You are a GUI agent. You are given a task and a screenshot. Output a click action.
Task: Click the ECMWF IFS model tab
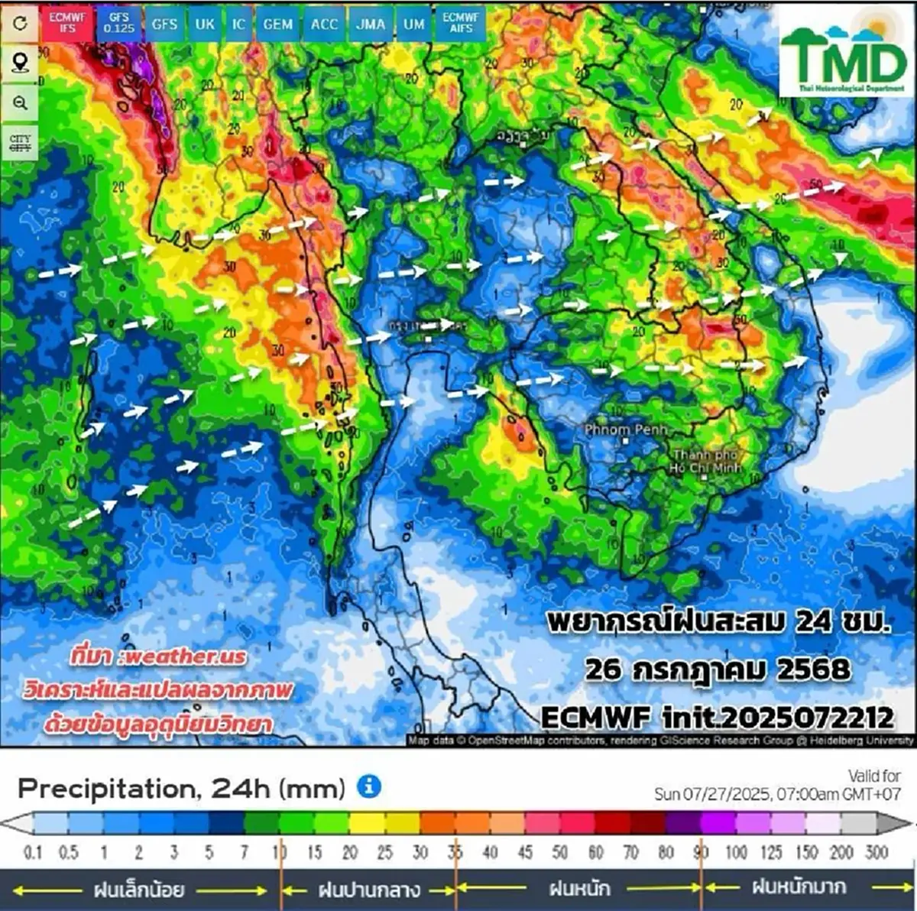click(x=67, y=22)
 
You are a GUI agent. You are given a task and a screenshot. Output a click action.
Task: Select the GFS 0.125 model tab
click(x=118, y=23)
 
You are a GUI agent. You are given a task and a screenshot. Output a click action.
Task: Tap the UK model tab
click(x=205, y=24)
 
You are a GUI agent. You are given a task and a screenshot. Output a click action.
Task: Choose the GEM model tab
click(x=277, y=24)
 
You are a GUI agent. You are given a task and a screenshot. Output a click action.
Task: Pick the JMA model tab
click(x=370, y=24)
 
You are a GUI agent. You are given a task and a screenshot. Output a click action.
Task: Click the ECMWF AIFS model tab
click(x=461, y=22)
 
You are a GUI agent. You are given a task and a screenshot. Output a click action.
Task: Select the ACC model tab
click(x=324, y=24)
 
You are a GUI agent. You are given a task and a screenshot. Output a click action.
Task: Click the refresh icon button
click(x=20, y=23)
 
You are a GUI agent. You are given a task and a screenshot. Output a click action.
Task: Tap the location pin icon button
click(x=20, y=63)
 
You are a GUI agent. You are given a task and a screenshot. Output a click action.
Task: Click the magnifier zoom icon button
click(x=20, y=102)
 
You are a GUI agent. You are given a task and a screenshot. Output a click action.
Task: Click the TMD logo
click(x=843, y=57)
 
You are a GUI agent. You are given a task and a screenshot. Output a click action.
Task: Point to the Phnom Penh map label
click(x=626, y=430)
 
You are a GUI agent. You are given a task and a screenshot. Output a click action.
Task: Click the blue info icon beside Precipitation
click(x=369, y=786)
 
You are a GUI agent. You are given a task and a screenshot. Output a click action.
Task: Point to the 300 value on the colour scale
click(x=876, y=851)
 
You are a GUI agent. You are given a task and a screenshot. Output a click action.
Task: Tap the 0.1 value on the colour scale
click(x=32, y=851)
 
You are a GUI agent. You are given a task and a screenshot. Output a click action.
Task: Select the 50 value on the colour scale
click(x=560, y=851)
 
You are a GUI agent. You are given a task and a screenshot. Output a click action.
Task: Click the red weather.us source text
click(x=158, y=656)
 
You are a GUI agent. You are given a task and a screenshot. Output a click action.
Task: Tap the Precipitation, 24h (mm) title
click(x=181, y=788)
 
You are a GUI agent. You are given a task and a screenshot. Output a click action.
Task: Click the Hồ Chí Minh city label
click(x=705, y=462)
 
